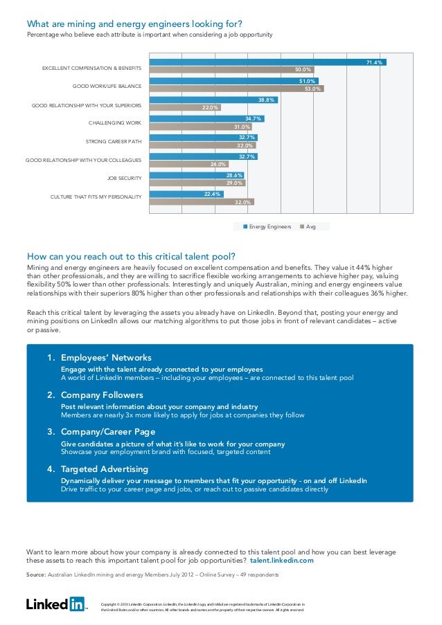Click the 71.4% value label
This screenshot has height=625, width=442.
(x=374, y=62)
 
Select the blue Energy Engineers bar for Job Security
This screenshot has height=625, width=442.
(x=197, y=175)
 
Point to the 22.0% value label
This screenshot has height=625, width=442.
(x=210, y=107)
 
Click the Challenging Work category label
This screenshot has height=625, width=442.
(x=115, y=123)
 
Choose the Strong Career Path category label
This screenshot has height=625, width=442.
(x=114, y=141)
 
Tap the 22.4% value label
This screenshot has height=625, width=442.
(x=213, y=194)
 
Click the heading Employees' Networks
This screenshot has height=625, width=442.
(x=105, y=358)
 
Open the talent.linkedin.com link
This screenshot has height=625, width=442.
(x=281, y=561)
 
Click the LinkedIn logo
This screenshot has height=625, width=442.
(x=55, y=604)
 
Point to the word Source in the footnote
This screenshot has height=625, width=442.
(x=36, y=575)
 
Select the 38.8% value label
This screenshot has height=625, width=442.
(x=266, y=100)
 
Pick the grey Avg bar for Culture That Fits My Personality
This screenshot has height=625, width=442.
(x=202, y=202)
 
